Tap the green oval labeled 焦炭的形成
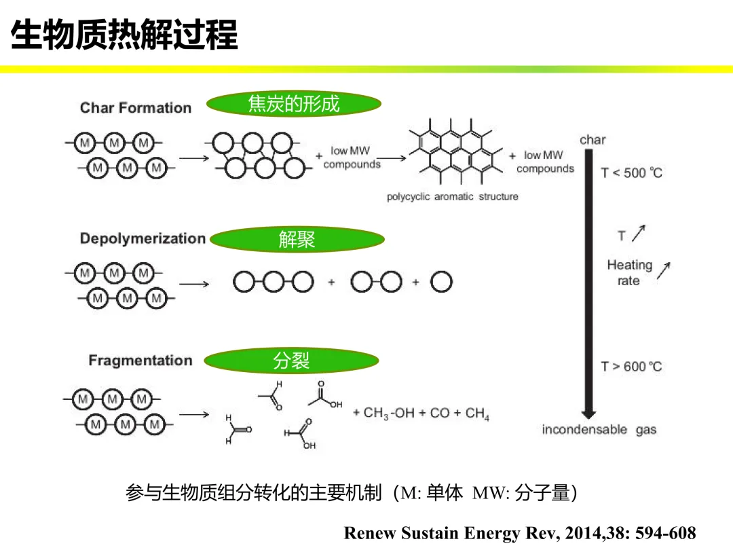pos(293,104)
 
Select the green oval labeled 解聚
pos(297,239)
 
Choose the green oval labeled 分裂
pos(291,361)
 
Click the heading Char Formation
pos(136,108)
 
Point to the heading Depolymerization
pos(143,238)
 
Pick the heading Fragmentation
pos(140,361)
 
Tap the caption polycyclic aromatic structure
pos(452,197)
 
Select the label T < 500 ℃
pos(631,173)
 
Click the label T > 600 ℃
pos(631,367)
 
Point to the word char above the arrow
pos(593,140)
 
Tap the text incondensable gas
pos(599,430)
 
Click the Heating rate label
pos(629,273)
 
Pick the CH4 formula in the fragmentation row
pos(477,413)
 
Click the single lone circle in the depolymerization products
pos(441,281)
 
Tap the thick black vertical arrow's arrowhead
pos(588,414)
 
